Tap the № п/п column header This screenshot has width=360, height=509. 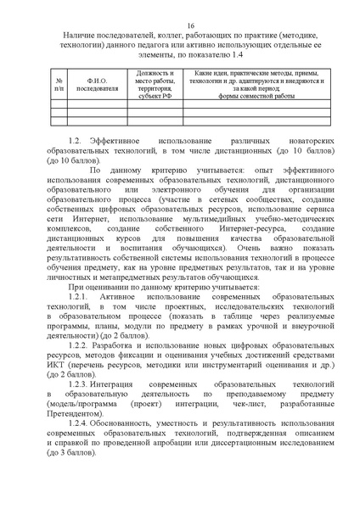(58, 83)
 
